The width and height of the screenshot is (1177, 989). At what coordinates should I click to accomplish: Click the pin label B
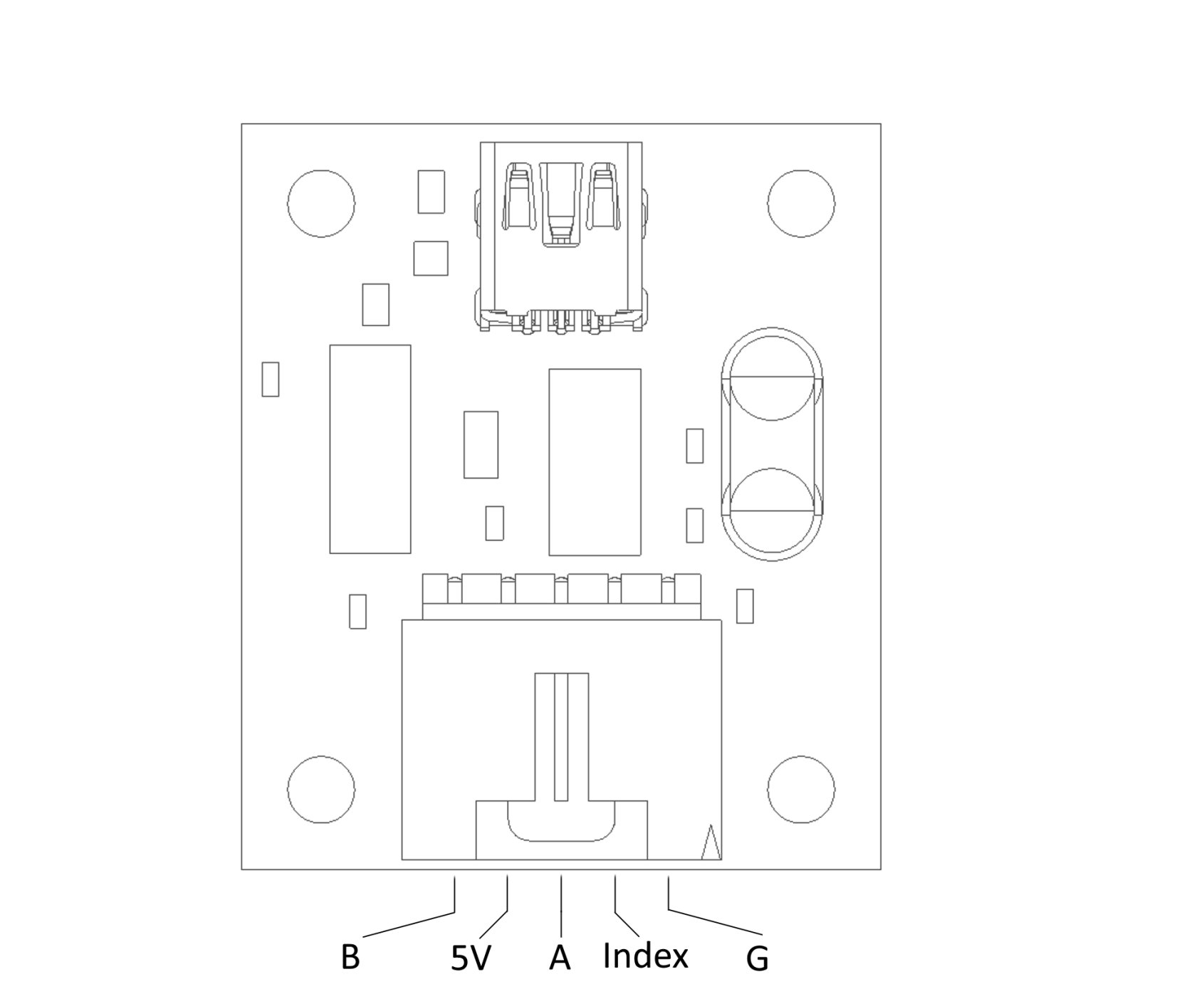click(350, 958)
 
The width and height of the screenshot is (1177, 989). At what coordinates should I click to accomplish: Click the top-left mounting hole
click(320, 204)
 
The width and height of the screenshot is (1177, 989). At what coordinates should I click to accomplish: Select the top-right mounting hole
click(801, 204)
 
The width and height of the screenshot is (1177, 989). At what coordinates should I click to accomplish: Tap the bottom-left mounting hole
click(320, 789)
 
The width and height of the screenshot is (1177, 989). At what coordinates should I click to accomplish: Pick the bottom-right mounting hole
click(801, 789)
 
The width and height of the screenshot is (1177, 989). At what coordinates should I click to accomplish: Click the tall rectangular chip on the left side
click(370, 449)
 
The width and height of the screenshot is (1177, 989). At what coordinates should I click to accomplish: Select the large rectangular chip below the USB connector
click(595, 461)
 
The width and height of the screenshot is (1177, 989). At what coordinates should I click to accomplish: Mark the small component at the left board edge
click(270, 379)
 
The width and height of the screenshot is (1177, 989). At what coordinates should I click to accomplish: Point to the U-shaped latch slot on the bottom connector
click(560, 826)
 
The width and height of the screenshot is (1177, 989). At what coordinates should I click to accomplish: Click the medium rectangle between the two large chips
click(481, 444)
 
